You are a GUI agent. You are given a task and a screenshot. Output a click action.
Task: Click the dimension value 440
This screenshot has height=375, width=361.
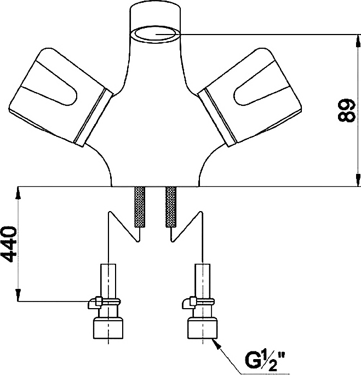10,245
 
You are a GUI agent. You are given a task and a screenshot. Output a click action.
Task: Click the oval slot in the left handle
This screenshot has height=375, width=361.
58,91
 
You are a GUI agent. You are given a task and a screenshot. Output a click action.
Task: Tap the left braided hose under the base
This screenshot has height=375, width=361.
140,207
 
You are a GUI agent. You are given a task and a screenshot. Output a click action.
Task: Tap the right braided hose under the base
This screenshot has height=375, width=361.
171,207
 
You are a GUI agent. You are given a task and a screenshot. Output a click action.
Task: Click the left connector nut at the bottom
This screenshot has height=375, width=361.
108,328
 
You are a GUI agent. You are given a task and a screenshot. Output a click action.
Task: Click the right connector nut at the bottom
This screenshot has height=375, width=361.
203,328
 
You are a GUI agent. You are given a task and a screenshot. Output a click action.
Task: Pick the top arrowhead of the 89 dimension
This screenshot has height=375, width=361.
358,41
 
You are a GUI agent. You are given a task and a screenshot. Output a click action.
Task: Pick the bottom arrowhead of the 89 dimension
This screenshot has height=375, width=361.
358,180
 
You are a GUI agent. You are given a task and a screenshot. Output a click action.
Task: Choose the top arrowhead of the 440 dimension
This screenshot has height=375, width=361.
18,193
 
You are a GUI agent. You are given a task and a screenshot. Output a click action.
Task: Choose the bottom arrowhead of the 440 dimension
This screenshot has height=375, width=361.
18,294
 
